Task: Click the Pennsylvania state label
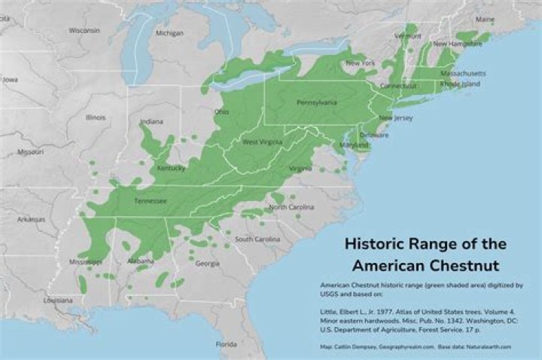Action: click(x=316, y=102)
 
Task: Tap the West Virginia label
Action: click(x=261, y=142)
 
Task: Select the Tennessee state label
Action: click(x=149, y=201)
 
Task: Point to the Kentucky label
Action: click(x=171, y=168)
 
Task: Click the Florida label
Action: click(x=227, y=344)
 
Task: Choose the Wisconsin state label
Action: click(x=84, y=31)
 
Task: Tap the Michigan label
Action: click(x=169, y=33)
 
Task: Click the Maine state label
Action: click(x=486, y=19)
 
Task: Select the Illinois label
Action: click(x=96, y=117)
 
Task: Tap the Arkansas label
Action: click(x=32, y=219)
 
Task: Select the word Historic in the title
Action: click(x=374, y=244)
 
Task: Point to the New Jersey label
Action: click(x=395, y=118)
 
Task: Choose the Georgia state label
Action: click(x=207, y=264)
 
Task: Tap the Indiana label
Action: click(x=151, y=121)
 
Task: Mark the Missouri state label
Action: click(x=30, y=151)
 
